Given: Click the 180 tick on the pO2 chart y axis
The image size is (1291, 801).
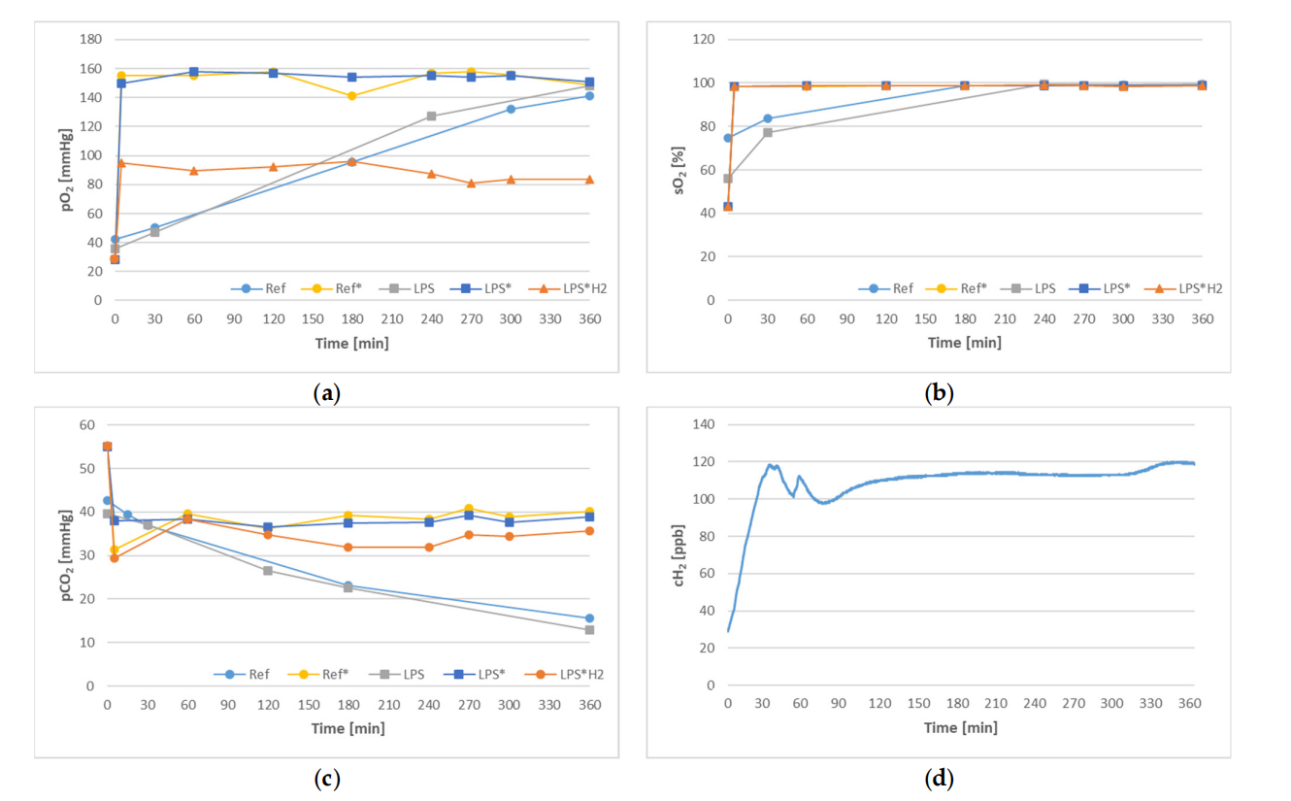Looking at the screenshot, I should tap(90, 40).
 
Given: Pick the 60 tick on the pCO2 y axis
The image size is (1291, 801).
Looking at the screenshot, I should tap(86, 425).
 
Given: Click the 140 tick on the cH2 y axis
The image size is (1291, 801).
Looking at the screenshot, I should tap(704, 425).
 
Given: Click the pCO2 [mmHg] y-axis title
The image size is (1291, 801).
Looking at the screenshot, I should tap(66, 554).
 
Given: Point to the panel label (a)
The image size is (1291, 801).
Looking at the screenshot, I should tap(325, 393).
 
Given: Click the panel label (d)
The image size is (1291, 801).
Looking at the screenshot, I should tap(940, 779).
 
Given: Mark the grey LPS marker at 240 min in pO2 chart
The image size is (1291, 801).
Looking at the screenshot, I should tap(431, 117).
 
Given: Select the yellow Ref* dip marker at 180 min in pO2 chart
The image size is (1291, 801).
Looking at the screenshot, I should tap(351, 96).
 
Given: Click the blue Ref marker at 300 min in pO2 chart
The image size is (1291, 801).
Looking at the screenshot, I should tap(511, 109).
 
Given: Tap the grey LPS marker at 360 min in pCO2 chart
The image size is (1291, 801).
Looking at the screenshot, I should tap(589, 630).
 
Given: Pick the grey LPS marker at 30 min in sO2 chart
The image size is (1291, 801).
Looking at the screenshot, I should tap(767, 132).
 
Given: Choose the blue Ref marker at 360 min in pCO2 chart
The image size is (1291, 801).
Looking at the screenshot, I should tap(589, 618).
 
